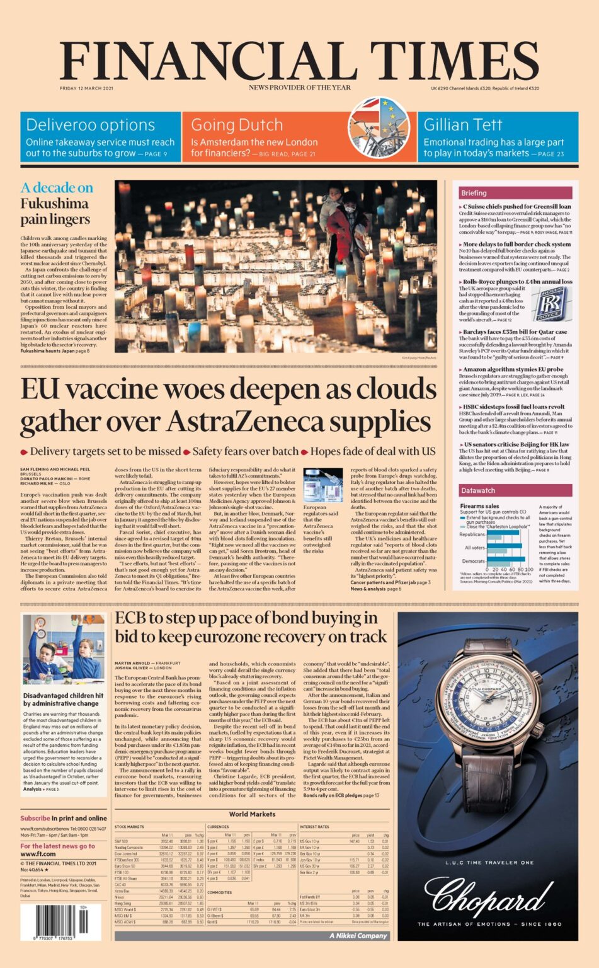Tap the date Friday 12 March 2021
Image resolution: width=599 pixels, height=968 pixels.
click(86, 88)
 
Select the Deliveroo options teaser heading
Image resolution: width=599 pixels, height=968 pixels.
click(90, 125)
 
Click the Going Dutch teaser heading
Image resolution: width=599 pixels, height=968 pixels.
click(236, 125)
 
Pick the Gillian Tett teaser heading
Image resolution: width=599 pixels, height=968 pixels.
click(462, 125)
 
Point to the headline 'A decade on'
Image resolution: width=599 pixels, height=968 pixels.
click(57, 188)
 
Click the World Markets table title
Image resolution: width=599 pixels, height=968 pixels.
click(251, 814)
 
